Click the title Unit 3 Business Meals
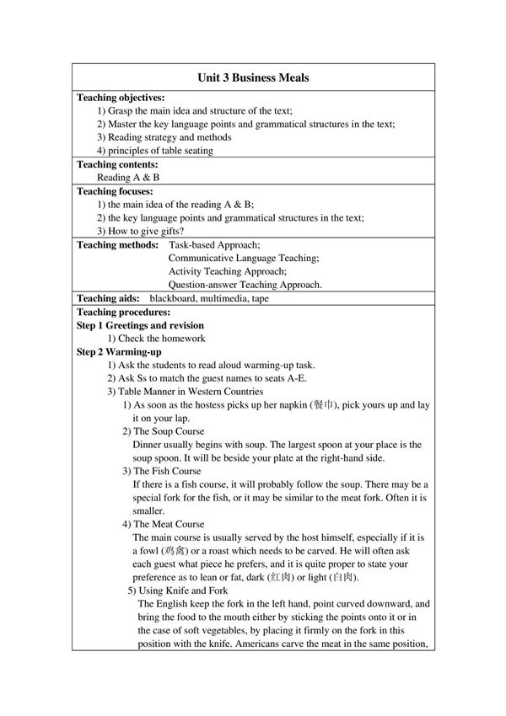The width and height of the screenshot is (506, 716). [253, 77]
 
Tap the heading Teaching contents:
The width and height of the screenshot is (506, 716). [117, 164]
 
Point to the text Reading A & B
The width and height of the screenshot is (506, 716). [128, 178]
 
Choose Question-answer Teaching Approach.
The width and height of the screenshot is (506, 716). [245, 285]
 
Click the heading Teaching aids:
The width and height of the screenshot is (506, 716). [108, 298]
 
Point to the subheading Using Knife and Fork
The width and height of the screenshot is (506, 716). [177, 590]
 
